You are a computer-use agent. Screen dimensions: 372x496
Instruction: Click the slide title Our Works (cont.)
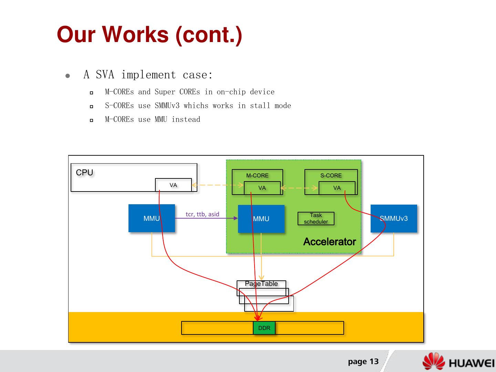(x=149, y=35)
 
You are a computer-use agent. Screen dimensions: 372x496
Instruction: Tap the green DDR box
(x=264, y=328)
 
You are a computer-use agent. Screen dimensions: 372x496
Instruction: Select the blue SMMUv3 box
(x=394, y=218)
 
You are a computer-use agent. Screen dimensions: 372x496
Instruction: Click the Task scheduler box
(x=316, y=218)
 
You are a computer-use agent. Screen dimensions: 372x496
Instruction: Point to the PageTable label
(x=261, y=284)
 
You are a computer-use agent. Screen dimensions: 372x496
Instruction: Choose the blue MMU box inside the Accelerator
(x=261, y=219)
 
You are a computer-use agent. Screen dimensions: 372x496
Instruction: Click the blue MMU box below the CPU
(x=152, y=218)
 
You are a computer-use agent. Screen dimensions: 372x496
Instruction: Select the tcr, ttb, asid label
(x=202, y=214)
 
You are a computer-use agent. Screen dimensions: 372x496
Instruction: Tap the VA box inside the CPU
(x=173, y=185)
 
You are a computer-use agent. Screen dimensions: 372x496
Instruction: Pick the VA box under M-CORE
(x=262, y=188)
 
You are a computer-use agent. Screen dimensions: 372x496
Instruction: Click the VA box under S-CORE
(x=337, y=188)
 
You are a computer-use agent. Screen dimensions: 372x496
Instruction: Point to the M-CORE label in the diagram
(x=257, y=175)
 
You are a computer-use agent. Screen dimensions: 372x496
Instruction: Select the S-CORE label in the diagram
(x=331, y=175)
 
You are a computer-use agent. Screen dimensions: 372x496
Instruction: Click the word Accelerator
(x=329, y=242)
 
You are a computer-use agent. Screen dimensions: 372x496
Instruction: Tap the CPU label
(x=84, y=173)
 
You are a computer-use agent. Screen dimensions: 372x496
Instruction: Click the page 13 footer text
(x=363, y=361)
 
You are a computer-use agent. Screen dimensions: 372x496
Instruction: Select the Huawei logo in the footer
(x=458, y=362)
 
